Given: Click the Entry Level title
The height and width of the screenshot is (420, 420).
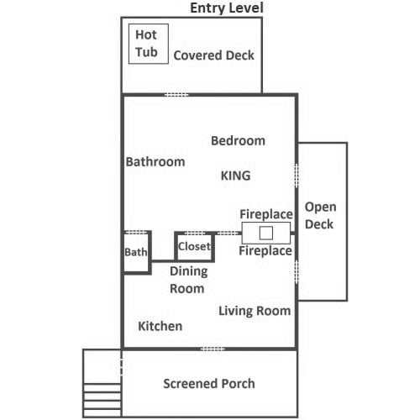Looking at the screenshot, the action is point(227,8).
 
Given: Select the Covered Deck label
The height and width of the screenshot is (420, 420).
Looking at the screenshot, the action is point(213,55).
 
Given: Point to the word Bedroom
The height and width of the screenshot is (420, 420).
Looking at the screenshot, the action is point(238,140).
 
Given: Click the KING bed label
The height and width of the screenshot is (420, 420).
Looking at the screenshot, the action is point(235,176).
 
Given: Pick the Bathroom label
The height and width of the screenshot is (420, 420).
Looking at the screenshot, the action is point(155,161).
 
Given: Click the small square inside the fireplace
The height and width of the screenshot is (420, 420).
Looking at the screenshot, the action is point(266,233).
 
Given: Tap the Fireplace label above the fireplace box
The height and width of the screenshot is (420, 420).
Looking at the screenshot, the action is point(266,214).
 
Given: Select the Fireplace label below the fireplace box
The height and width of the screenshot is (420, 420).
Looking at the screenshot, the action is point(265,250).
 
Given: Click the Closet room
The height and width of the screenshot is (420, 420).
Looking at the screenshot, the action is point(195,247).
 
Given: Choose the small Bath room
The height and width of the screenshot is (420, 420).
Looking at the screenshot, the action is point(137,252).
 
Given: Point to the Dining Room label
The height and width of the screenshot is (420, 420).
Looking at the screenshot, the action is point(188,280).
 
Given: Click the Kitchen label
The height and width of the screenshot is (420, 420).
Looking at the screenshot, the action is point(160,326).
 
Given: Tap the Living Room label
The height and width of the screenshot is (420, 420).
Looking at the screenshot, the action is point(255,311).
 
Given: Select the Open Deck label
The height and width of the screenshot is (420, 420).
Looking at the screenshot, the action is point(320,216).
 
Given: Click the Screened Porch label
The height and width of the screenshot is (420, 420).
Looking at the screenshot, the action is point(209,384).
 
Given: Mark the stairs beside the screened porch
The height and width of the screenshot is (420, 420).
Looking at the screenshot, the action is point(102,401).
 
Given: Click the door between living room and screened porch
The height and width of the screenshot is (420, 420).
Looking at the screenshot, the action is point(213,349).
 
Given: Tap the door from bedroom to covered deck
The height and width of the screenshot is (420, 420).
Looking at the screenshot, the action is point(176,95).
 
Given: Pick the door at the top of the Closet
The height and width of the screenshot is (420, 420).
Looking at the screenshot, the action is point(195,233).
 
